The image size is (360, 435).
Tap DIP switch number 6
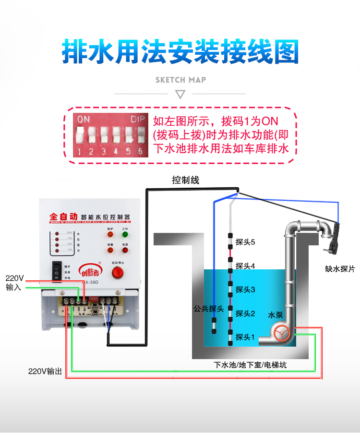coord(141,136)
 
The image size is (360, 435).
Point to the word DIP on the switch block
coord(137,119)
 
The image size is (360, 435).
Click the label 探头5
coord(245,242)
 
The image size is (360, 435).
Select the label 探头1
coord(245,338)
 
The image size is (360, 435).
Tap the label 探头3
coord(245,290)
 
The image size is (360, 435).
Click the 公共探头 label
coord(206,308)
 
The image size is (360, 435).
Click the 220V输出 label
coord(45,371)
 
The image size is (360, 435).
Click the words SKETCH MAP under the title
coord(180,80)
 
